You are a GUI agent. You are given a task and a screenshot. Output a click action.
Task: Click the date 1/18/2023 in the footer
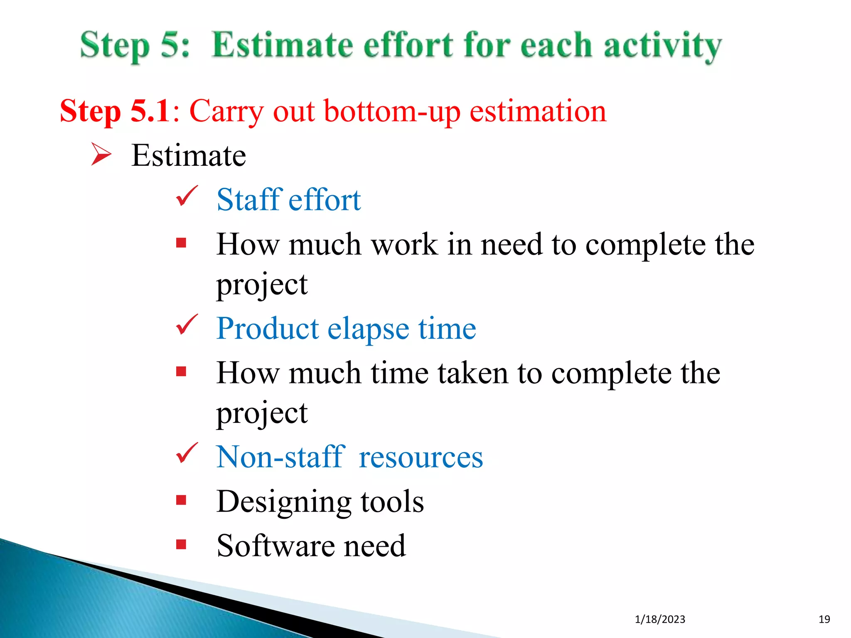point(660,619)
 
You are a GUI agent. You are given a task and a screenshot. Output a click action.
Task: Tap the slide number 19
point(824,619)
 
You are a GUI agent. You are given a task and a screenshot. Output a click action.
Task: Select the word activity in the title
point(662,47)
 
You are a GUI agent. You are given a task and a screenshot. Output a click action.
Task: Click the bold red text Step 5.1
point(115,111)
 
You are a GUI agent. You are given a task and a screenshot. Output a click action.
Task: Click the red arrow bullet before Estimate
point(101,155)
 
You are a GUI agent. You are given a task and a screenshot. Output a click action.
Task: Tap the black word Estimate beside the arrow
point(189,155)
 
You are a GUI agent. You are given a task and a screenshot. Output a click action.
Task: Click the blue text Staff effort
point(288,200)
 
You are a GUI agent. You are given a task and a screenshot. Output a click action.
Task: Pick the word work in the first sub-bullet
point(404,244)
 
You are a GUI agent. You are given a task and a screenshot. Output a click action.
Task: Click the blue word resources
point(421,457)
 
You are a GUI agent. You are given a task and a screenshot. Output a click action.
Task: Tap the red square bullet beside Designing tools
point(181,500)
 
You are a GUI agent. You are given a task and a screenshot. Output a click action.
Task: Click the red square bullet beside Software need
point(181,544)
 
